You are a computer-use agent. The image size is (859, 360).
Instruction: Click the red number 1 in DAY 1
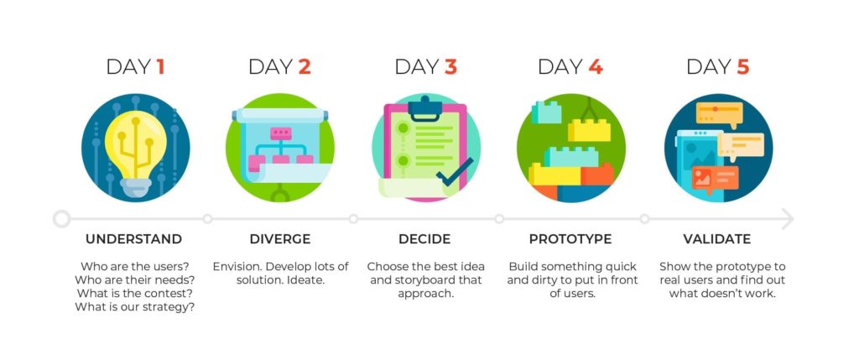(x=160, y=67)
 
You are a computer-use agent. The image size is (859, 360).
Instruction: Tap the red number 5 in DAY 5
(x=742, y=67)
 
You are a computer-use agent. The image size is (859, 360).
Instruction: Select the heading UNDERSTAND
(x=133, y=239)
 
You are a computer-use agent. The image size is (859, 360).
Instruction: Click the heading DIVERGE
(x=280, y=239)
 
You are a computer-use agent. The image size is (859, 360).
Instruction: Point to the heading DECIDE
(x=424, y=239)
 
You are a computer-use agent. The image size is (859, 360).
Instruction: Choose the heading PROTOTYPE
(x=570, y=239)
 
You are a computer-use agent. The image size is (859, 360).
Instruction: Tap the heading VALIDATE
(x=717, y=239)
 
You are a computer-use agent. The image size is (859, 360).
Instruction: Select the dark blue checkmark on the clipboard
(x=454, y=171)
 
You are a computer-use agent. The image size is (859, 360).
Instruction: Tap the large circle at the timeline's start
(x=62, y=219)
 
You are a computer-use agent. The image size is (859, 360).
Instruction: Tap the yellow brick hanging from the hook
(x=589, y=130)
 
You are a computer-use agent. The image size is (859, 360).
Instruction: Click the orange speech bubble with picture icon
(x=715, y=179)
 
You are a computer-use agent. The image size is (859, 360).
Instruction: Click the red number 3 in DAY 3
(x=450, y=67)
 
